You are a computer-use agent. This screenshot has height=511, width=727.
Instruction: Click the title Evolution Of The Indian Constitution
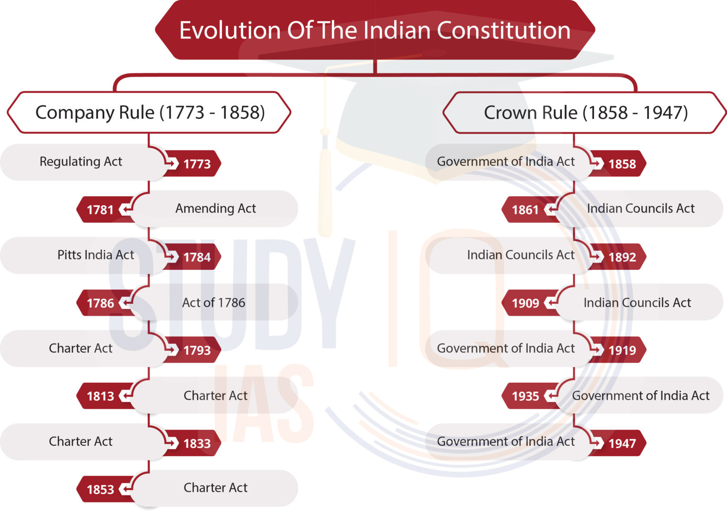(x=375, y=30)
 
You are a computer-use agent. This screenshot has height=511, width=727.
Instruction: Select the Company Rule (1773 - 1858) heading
(x=150, y=113)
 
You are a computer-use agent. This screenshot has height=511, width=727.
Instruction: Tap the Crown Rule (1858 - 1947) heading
(x=585, y=113)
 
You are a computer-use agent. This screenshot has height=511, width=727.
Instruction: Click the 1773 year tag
(x=197, y=164)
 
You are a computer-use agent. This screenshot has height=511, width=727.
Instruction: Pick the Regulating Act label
(x=81, y=162)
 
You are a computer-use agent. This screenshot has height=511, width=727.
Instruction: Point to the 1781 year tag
(x=100, y=210)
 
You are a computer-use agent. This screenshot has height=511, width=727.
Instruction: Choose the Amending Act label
(x=215, y=208)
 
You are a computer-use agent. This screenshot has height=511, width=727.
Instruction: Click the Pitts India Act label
(x=96, y=255)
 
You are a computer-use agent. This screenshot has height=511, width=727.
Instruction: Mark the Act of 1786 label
(x=213, y=303)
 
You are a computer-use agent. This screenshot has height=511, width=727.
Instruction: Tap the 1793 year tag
(x=197, y=351)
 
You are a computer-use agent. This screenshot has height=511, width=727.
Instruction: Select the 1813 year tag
(x=100, y=396)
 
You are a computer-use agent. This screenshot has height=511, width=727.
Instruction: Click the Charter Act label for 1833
(x=81, y=441)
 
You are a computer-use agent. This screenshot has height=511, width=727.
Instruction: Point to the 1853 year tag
(x=100, y=490)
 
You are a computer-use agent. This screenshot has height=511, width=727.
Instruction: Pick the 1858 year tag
(x=622, y=164)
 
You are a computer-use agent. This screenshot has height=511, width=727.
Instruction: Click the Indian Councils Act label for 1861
(x=640, y=208)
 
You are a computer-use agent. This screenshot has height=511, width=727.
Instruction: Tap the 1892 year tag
(x=622, y=257)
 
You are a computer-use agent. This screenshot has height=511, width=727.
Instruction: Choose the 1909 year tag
(x=525, y=303)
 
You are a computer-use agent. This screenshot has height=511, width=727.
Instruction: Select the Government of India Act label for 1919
(x=505, y=348)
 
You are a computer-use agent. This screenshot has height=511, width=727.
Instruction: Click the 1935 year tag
(x=525, y=396)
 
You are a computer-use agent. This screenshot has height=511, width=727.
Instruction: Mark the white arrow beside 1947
(x=598, y=443)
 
